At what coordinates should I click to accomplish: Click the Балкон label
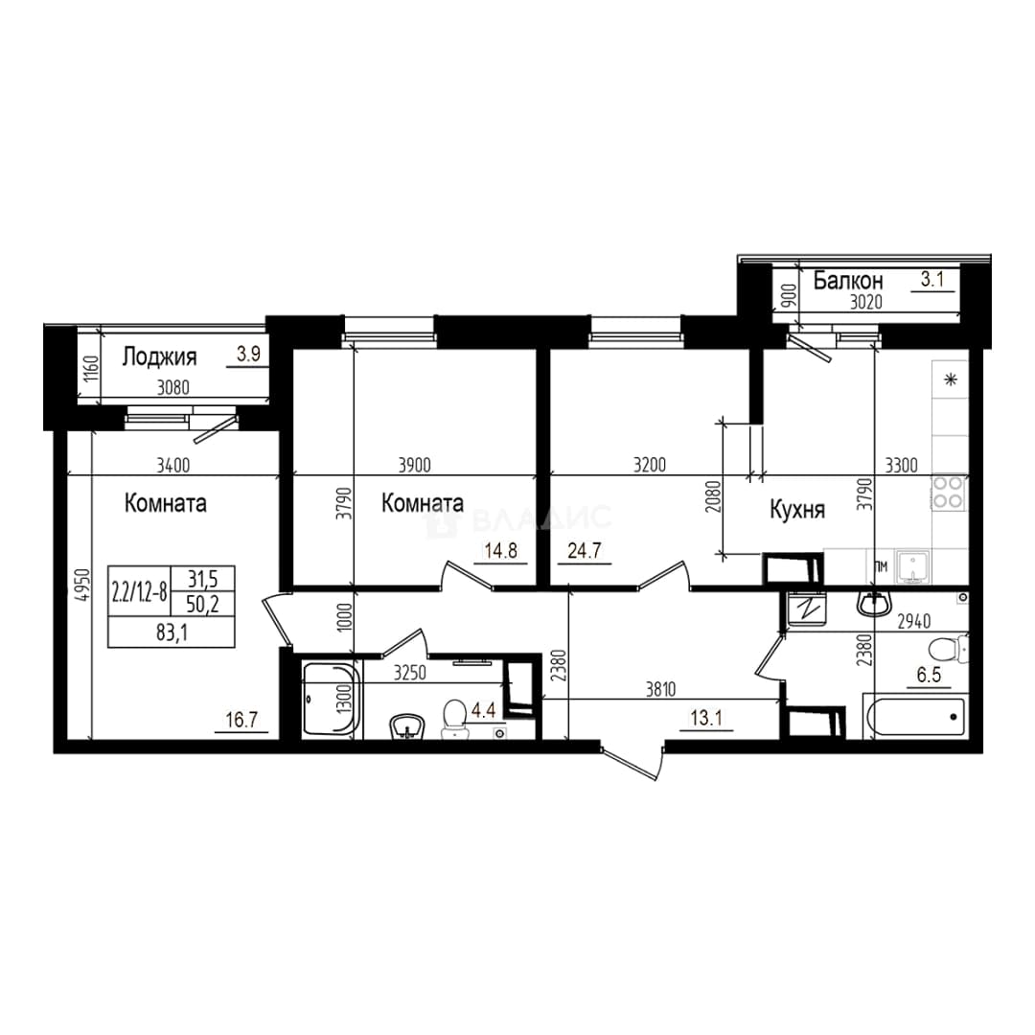[x=847, y=281]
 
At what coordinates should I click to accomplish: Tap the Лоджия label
[x=159, y=357]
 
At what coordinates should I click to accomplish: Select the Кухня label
[x=797, y=510]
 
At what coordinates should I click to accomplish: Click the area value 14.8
[x=500, y=550]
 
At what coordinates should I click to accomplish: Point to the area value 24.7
[x=585, y=550]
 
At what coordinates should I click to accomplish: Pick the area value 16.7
[x=241, y=719]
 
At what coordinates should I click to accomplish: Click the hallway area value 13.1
[x=705, y=718]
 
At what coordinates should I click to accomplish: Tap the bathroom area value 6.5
[x=928, y=675]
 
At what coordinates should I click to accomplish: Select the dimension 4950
[x=81, y=585]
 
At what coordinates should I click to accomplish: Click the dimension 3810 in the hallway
[x=660, y=690]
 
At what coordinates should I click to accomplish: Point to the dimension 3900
[x=415, y=466]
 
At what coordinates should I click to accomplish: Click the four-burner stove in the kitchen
[x=948, y=493]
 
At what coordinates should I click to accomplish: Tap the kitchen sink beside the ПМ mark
[x=912, y=567]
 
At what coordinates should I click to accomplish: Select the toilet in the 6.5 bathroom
[x=947, y=650]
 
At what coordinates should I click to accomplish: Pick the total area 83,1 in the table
[x=172, y=633]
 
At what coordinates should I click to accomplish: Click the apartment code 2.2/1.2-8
[x=139, y=592]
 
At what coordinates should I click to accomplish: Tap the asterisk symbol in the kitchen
[x=951, y=379]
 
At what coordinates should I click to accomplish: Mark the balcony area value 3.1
[x=932, y=279]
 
